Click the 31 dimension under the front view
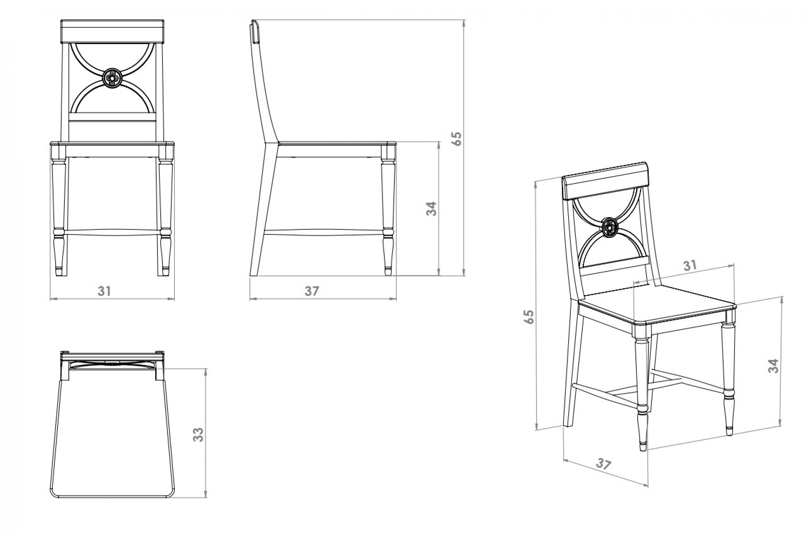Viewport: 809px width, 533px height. coord(104,291)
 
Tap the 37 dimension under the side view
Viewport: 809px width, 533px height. coord(312,291)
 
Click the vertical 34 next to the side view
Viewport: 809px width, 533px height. coord(431,208)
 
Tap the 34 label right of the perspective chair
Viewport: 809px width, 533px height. coord(773,366)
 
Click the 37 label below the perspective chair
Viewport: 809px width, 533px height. coord(603,464)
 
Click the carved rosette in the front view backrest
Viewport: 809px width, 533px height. coord(112,78)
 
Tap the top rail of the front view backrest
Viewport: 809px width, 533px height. coord(112,32)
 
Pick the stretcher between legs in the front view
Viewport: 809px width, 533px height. coord(112,232)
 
